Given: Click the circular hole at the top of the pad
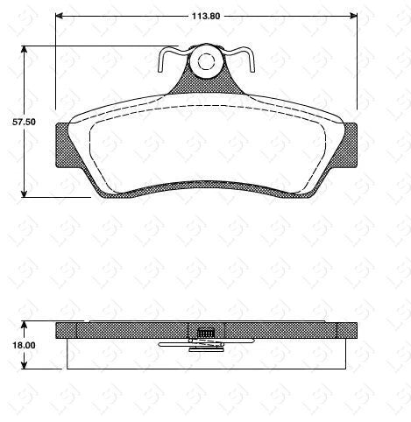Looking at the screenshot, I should [x=207, y=61].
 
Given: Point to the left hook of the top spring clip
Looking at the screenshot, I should [x=164, y=63].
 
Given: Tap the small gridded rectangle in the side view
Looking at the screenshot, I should [x=207, y=333].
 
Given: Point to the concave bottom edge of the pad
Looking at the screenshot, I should [x=208, y=185].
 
